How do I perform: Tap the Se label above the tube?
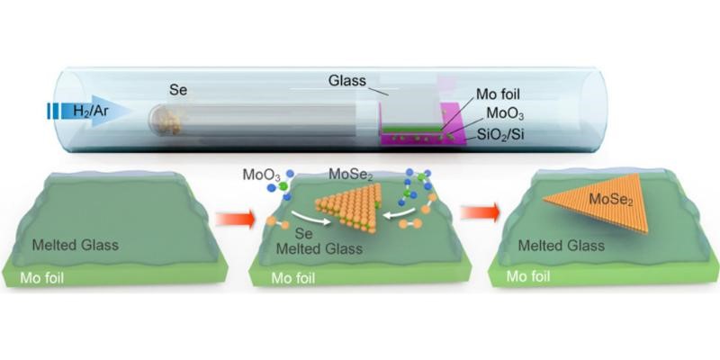click(x=177, y=90)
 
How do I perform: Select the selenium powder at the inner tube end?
click(x=171, y=122)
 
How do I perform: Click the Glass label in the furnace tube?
click(x=347, y=81)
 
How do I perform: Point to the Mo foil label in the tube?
click(x=498, y=95)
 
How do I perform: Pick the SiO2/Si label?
click(x=499, y=136)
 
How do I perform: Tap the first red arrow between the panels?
click(x=235, y=219)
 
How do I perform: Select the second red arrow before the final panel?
click(x=480, y=213)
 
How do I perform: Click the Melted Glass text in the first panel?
click(x=76, y=245)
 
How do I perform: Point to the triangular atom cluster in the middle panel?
click(x=349, y=207)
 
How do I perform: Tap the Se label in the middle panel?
click(x=304, y=234)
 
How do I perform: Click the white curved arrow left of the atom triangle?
click(x=310, y=218)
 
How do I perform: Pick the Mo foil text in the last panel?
click(x=528, y=276)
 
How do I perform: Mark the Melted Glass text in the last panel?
click(x=561, y=246)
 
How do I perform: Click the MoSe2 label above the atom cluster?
click(x=350, y=175)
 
